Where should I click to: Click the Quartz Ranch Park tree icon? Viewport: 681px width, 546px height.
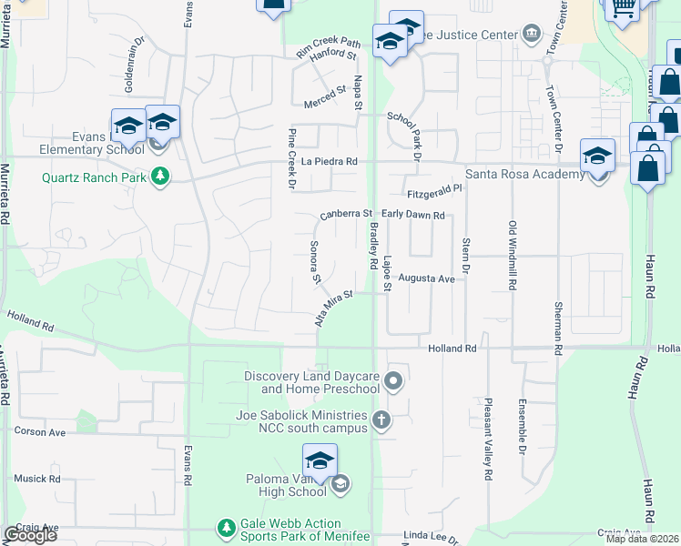click(x=160, y=176)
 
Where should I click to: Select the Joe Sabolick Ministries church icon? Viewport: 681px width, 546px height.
click(x=381, y=420)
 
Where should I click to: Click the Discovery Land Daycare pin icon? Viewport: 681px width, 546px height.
click(x=393, y=380)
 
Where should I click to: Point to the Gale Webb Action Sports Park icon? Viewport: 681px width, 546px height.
click(x=225, y=527)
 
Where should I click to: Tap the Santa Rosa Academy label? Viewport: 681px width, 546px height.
click(x=524, y=175)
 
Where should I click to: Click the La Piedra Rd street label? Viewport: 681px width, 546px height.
click(x=330, y=162)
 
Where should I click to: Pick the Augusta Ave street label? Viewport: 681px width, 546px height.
click(x=426, y=279)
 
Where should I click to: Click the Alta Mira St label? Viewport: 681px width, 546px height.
click(x=333, y=309)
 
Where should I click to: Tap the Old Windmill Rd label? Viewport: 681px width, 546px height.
click(x=513, y=256)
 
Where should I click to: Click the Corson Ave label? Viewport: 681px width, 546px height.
click(x=39, y=432)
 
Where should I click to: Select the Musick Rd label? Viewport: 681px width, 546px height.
click(x=36, y=479)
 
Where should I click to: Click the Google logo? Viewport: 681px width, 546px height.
click(x=29, y=534)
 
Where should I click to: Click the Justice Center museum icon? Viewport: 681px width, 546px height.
click(x=532, y=35)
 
